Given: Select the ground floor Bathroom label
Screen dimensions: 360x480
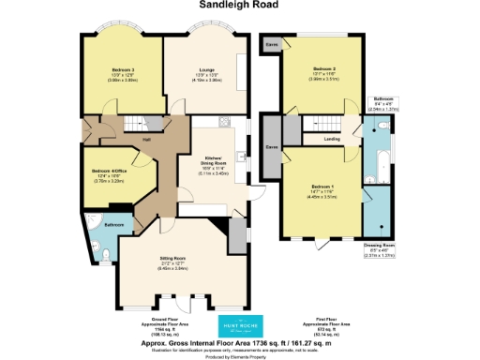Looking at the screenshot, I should pyautogui.click(x=114, y=226).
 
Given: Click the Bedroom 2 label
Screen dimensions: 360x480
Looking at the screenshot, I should pyautogui.click(x=323, y=69).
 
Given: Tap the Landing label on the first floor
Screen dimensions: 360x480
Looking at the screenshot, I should pyautogui.click(x=332, y=140).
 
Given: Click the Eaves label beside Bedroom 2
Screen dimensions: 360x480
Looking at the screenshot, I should pyautogui.click(x=271, y=43).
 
